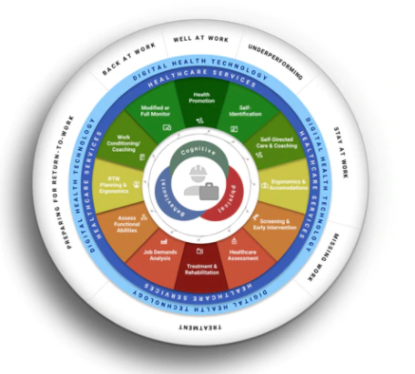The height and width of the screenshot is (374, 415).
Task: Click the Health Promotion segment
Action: (200, 100)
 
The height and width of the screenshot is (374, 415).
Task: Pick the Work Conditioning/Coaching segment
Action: (126, 142)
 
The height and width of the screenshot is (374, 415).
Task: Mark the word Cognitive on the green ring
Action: (200, 152)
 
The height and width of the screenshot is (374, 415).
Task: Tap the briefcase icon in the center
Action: (202, 194)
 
